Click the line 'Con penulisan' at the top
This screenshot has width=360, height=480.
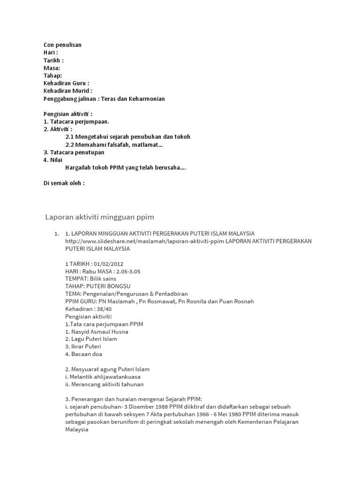point(62,45)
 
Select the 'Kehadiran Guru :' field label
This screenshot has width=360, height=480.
point(66,83)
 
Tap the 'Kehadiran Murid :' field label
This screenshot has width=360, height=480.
point(67,91)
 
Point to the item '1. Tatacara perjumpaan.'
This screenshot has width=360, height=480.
point(76,121)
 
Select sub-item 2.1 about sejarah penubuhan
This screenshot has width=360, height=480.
point(127,137)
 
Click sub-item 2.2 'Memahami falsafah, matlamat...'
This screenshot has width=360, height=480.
point(114,145)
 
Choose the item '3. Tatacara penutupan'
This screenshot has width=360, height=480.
point(74,152)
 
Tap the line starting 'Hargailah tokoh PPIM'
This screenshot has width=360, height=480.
point(125,168)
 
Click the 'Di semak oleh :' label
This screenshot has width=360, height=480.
point(64,183)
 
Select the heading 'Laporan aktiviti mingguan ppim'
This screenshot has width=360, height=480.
point(99,217)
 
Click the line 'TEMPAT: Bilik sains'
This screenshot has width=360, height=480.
point(91,279)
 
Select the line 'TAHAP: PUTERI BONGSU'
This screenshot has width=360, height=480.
point(98,286)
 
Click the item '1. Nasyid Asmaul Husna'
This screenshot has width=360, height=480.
point(97,332)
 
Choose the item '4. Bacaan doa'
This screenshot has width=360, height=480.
point(84,354)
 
